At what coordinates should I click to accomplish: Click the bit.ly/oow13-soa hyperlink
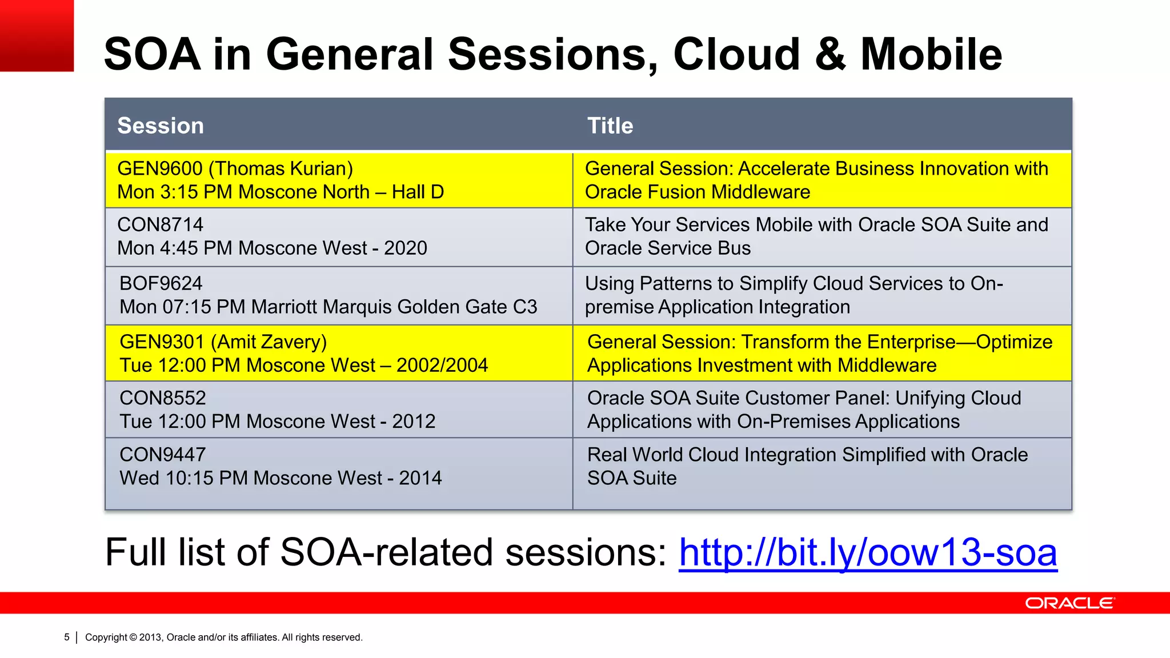click(867, 553)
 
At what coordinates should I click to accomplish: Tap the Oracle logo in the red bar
click(1069, 603)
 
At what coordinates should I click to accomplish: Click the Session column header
click(161, 126)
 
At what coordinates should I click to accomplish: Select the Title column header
click(610, 126)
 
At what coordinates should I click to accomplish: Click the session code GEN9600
click(160, 168)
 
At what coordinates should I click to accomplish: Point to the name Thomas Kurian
click(281, 168)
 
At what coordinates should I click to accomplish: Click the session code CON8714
click(160, 224)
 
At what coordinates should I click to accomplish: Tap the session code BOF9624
click(161, 283)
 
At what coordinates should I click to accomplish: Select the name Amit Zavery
click(269, 342)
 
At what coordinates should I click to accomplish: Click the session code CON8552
click(163, 398)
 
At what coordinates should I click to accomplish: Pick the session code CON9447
click(163, 454)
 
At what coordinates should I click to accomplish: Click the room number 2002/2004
click(442, 365)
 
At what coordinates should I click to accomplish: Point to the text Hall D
click(418, 192)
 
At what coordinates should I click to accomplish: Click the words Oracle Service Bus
click(667, 248)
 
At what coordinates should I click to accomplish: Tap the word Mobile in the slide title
click(931, 54)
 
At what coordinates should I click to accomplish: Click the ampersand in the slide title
click(830, 54)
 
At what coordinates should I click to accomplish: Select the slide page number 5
click(67, 637)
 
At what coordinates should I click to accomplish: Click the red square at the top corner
click(37, 35)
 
